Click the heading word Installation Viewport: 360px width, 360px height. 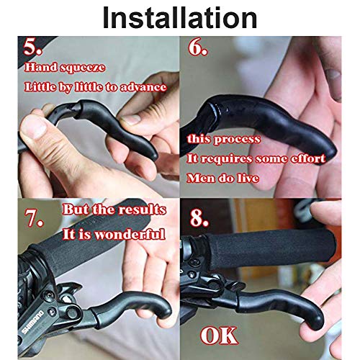[180, 18]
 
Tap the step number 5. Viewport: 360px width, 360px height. [32, 47]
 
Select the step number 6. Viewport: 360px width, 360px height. [198, 48]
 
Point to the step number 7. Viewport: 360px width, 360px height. [34, 218]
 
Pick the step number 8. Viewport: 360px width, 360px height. [199, 218]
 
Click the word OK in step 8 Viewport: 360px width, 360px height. [220, 336]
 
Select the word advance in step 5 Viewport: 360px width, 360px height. [143, 87]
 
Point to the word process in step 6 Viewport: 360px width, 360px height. [237, 140]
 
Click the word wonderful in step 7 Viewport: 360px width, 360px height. [130, 235]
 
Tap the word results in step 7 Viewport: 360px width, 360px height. [143, 210]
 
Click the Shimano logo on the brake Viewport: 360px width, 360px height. [33, 322]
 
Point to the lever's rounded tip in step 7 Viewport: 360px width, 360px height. [166, 311]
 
